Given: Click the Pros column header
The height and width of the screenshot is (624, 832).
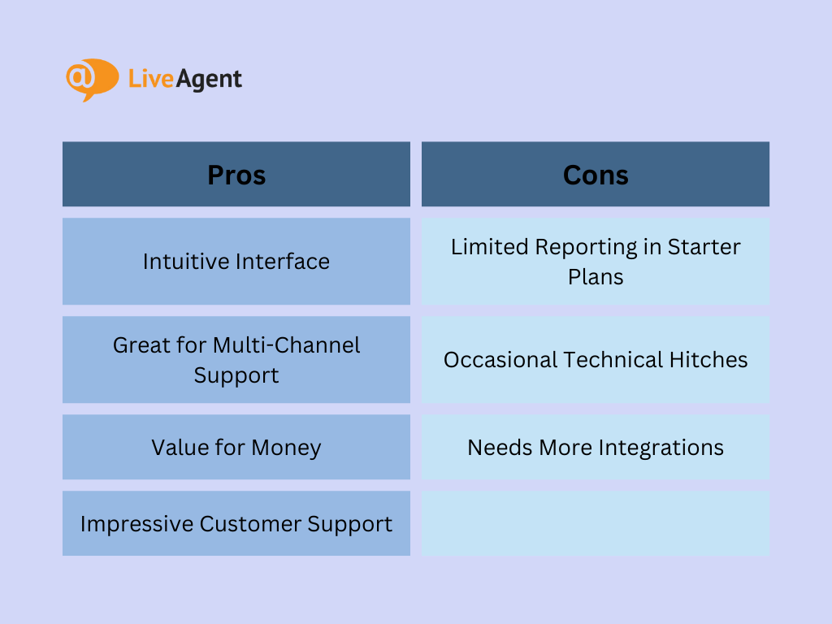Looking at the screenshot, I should [x=236, y=175].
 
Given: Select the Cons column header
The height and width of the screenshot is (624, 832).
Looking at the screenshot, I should [x=596, y=175].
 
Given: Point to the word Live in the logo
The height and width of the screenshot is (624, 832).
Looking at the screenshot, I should [x=147, y=79].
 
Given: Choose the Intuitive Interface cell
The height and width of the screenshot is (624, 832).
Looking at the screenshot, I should [x=236, y=262].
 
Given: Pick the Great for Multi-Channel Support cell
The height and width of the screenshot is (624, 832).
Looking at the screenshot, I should [x=236, y=360].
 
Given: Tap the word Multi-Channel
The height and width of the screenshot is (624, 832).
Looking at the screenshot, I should [x=286, y=344].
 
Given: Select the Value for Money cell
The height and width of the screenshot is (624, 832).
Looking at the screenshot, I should [x=236, y=448].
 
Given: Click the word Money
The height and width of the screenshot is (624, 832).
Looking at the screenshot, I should [x=286, y=448].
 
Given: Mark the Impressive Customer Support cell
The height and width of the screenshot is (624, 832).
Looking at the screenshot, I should [x=236, y=524].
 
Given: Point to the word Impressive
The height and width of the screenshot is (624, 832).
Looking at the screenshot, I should [x=131, y=524].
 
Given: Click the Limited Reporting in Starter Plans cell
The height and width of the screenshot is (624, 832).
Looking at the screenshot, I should [x=596, y=262].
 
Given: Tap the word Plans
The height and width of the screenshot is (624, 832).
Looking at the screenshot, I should [x=596, y=277].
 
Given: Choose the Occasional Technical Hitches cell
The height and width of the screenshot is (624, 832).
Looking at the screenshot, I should [x=596, y=360].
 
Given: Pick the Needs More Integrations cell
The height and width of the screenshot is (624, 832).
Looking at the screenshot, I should [x=596, y=448].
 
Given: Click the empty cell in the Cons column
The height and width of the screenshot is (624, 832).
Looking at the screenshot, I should [x=596, y=524].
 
